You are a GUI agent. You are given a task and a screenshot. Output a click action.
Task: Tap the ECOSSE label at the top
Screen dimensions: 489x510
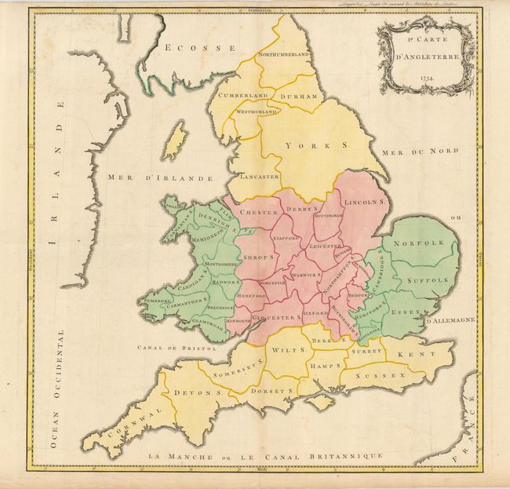click(x=200, y=48)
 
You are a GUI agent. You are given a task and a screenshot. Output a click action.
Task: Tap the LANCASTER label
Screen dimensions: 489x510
click(x=259, y=177)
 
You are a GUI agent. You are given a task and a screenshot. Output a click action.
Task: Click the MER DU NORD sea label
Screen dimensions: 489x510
click(x=408, y=151)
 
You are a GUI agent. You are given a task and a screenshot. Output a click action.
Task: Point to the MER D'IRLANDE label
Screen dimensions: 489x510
click(x=160, y=178)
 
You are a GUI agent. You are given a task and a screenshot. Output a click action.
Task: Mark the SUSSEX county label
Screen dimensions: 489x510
click(x=381, y=376)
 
